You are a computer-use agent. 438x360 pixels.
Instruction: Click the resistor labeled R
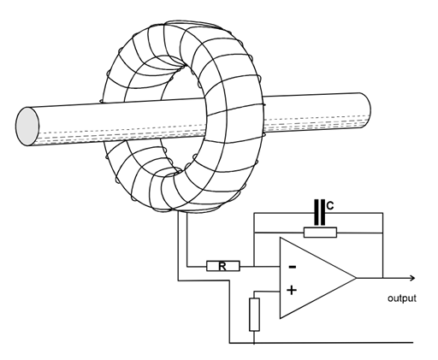[x=223, y=266]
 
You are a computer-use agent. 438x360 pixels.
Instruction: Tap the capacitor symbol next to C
[x=320, y=213]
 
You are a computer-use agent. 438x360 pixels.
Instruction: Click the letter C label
[x=330, y=205]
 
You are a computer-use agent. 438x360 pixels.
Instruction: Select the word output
[x=402, y=298]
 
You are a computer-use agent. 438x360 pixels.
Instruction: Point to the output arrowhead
[x=412, y=278]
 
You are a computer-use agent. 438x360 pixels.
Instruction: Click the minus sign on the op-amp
[x=293, y=267]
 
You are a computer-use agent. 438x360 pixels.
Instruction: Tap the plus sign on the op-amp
[x=292, y=291]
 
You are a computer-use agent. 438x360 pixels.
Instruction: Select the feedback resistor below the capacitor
[x=320, y=233]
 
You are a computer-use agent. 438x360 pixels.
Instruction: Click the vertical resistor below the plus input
[x=254, y=315]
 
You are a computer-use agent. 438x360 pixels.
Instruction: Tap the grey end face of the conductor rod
[x=27, y=127]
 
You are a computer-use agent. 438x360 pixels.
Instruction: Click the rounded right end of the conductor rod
[x=366, y=110]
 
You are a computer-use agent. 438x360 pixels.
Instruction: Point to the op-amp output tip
[x=357, y=278]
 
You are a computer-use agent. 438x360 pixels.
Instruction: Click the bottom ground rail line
[x=322, y=342]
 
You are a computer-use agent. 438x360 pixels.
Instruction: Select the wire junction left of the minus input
[x=254, y=267]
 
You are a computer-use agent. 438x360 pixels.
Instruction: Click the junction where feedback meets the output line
[x=382, y=278]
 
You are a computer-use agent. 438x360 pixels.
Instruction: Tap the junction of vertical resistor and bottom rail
[x=254, y=342]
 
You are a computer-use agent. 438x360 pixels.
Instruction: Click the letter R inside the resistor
[x=222, y=267]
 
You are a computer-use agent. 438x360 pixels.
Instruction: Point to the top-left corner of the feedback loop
[x=254, y=213]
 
